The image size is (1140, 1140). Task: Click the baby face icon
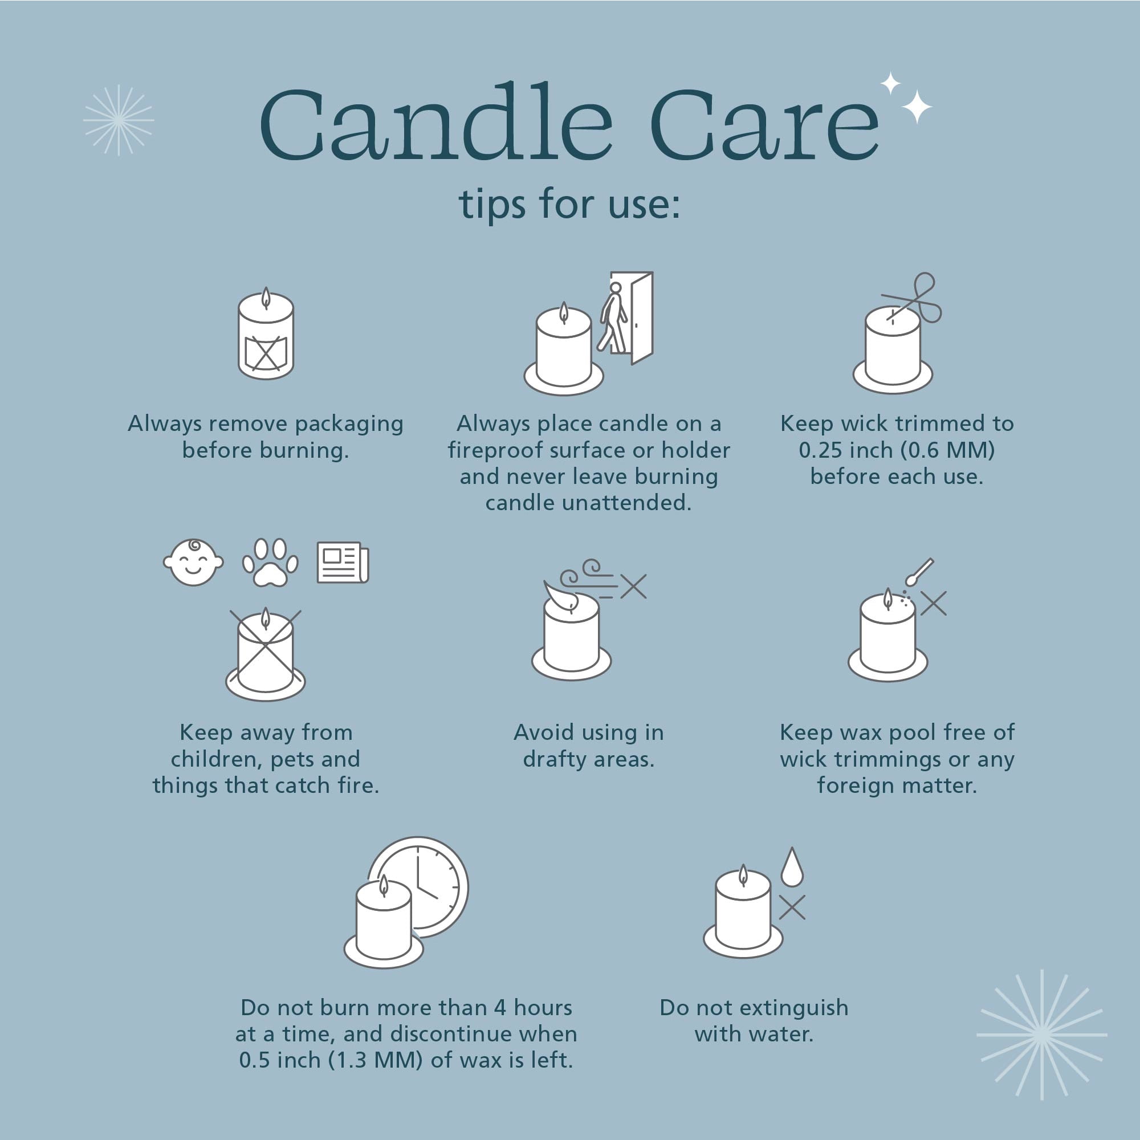coord(194,563)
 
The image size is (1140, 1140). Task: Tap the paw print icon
coord(270,563)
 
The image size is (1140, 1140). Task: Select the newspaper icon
coord(343,563)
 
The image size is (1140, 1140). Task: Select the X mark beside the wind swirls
coord(633,587)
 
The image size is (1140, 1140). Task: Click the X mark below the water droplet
coord(792,907)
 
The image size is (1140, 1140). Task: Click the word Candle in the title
coord(437,123)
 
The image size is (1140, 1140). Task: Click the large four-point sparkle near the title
coord(917,107)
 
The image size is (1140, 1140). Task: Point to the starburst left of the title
coord(119,120)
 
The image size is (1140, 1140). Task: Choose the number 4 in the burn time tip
coord(500,1008)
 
